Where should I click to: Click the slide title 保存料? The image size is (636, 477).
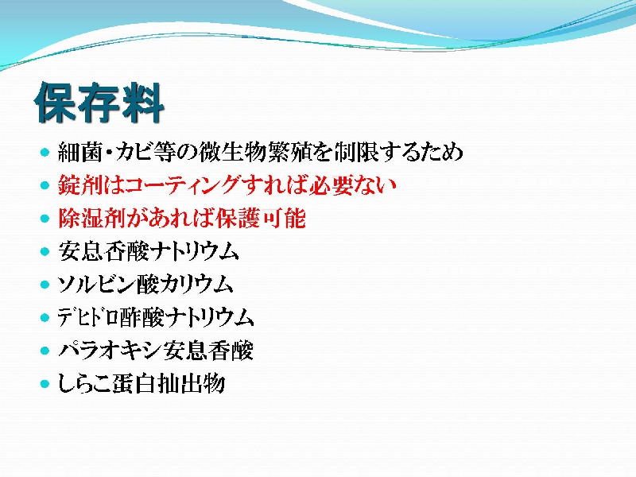(99, 103)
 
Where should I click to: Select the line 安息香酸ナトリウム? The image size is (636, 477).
(148, 251)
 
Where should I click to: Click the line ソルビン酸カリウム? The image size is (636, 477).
(145, 285)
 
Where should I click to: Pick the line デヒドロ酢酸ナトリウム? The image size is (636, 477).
(156, 317)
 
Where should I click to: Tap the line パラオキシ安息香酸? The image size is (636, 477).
(156, 351)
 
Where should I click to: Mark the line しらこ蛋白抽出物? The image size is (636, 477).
(142, 383)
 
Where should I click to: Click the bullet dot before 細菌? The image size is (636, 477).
(45, 153)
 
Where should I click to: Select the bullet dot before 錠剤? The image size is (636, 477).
(45, 186)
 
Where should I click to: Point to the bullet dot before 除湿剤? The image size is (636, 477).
(45, 219)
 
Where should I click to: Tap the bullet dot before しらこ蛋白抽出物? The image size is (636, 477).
(45, 384)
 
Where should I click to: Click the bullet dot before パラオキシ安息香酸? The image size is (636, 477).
(45, 351)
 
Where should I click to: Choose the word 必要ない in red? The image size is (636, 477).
(352, 185)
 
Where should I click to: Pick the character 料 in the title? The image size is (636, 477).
(143, 103)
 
